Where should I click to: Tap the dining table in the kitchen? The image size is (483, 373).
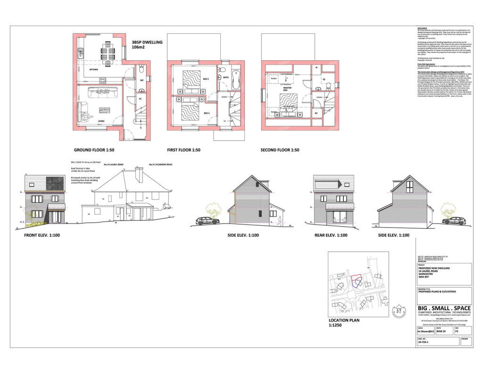click(107, 55)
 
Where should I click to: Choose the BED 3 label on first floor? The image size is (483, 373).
click(207, 113)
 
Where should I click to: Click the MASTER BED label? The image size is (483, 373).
click(286, 88)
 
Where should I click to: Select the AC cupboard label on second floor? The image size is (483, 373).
click(316, 113)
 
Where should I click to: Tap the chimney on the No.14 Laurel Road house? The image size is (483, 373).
click(139, 174)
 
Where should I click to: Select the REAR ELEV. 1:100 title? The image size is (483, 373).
click(331, 235)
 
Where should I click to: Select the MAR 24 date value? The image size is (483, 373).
click(441, 332)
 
